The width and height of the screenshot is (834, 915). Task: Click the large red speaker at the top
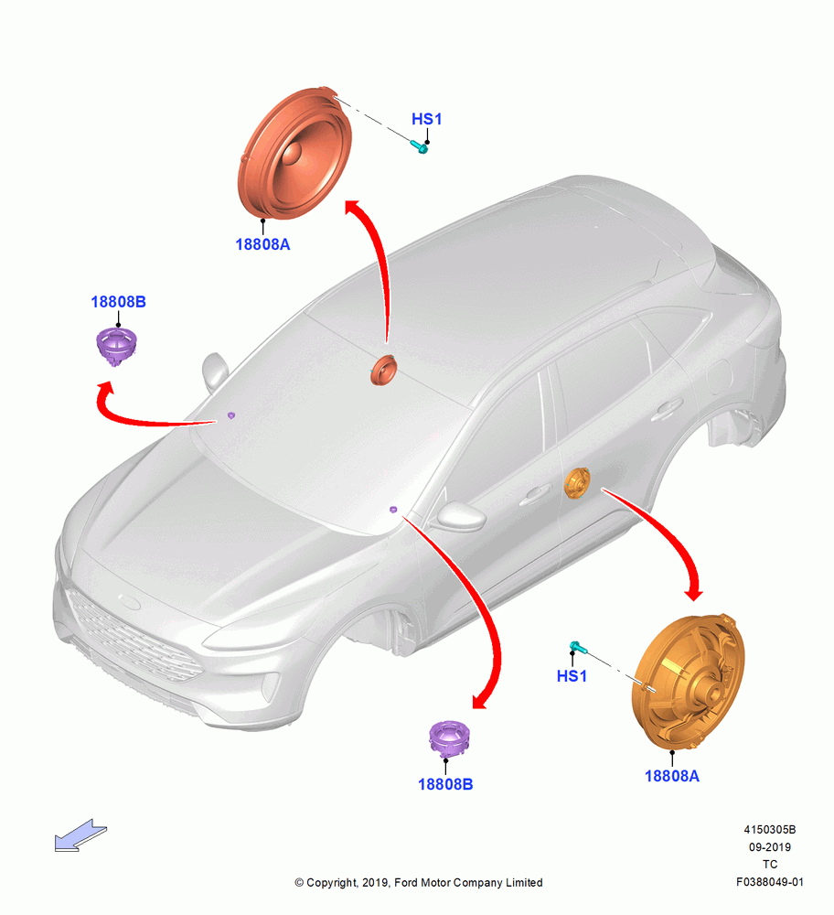pyautogui.click(x=294, y=153)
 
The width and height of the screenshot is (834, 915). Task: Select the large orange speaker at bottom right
pyautogui.click(x=689, y=682)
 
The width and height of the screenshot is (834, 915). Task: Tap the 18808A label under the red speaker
pyautogui.click(x=262, y=244)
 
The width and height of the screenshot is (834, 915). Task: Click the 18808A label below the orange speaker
pyautogui.click(x=672, y=776)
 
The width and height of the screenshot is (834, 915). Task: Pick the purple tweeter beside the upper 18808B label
pyautogui.click(x=117, y=346)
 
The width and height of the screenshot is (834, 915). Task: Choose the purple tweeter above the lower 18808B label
pyautogui.click(x=448, y=738)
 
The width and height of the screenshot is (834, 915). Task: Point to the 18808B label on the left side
pyautogui.click(x=118, y=302)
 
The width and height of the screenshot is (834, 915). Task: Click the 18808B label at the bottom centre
pyautogui.click(x=445, y=784)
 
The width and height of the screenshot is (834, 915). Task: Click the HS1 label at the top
pyautogui.click(x=427, y=119)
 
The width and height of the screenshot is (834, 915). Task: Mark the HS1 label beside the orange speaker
pyautogui.click(x=572, y=676)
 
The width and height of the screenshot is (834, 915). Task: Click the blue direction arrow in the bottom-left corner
pyautogui.click(x=80, y=835)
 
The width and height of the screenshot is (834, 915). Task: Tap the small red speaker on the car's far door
pyautogui.click(x=384, y=370)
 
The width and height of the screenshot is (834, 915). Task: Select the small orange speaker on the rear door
pyautogui.click(x=577, y=483)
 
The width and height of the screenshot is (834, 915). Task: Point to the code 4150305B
pyautogui.click(x=770, y=829)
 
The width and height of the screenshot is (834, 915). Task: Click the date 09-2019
pyautogui.click(x=770, y=846)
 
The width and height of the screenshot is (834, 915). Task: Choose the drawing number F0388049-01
pyautogui.click(x=770, y=882)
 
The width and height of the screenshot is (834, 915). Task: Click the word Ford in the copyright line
pyautogui.click(x=407, y=882)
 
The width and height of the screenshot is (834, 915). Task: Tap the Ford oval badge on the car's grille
pyautogui.click(x=130, y=602)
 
